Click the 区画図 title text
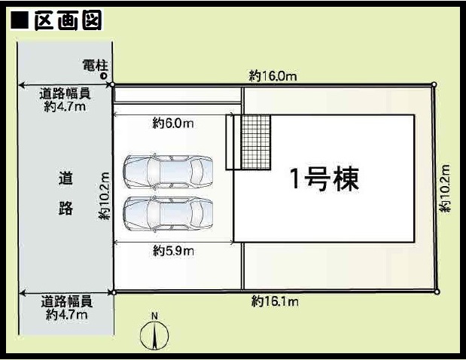click(68, 20)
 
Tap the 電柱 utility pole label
click(96, 66)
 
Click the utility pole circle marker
click(104, 76)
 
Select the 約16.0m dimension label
click(273, 76)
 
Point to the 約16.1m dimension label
click(275, 301)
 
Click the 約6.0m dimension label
click(173, 123)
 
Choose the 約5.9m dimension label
click(174, 252)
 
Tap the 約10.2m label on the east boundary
click(445, 188)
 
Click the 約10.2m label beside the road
click(105, 197)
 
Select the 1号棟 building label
click(324, 179)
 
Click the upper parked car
click(168, 172)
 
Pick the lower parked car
click(168, 213)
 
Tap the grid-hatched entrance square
click(256, 142)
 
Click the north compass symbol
click(154, 335)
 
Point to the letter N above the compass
click(154, 316)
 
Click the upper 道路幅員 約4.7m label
click(65, 100)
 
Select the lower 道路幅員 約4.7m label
click(67, 308)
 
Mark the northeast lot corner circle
click(434, 84)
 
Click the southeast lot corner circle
click(437, 292)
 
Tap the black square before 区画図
click(20, 20)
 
